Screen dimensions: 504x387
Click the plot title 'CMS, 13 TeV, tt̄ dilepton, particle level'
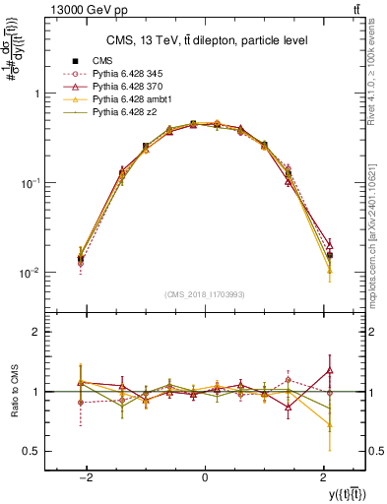pos(204,40)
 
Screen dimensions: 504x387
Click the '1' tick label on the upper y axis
pos(38,94)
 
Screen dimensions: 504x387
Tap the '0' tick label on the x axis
pos(204,476)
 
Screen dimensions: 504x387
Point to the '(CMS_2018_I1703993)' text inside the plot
pos(204,293)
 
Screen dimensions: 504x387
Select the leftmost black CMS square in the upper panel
pos(81,259)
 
